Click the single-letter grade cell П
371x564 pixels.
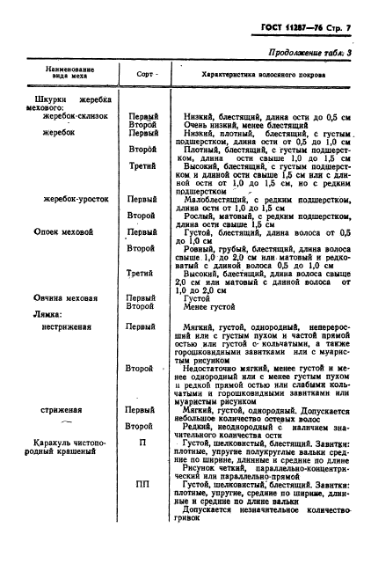(142, 443)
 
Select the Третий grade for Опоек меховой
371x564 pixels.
(142, 274)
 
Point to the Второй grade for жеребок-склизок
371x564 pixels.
(142, 124)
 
